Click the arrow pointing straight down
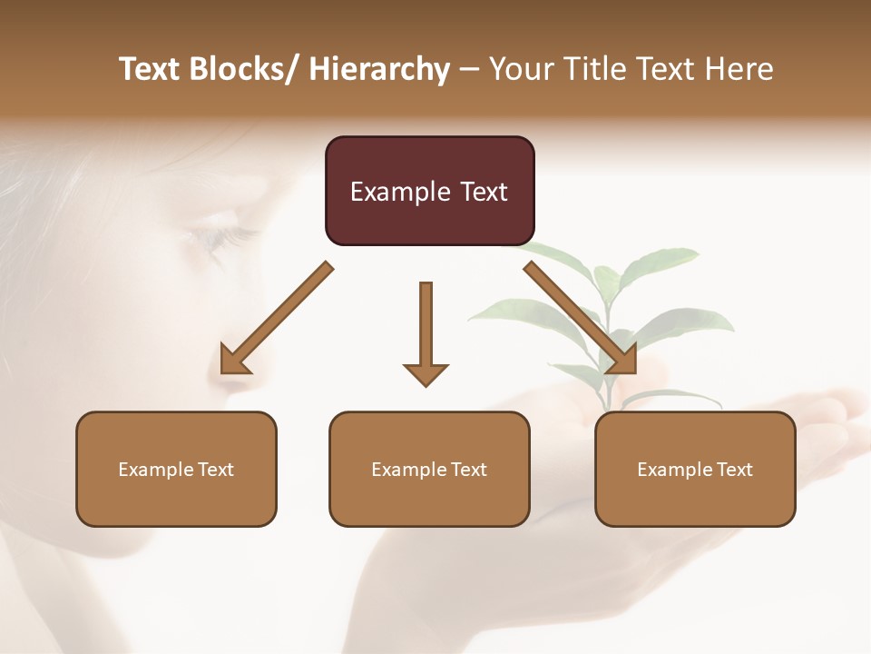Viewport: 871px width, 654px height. [x=426, y=332]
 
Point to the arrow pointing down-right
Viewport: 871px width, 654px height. [x=581, y=318]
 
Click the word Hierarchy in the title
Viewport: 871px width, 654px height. [x=378, y=69]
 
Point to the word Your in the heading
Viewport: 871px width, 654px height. [x=520, y=69]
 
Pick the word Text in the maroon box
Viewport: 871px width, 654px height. [x=484, y=192]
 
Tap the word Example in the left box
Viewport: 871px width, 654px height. [x=156, y=470]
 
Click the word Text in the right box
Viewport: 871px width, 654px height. [x=734, y=470]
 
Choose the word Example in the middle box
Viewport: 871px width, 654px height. [x=409, y=470]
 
